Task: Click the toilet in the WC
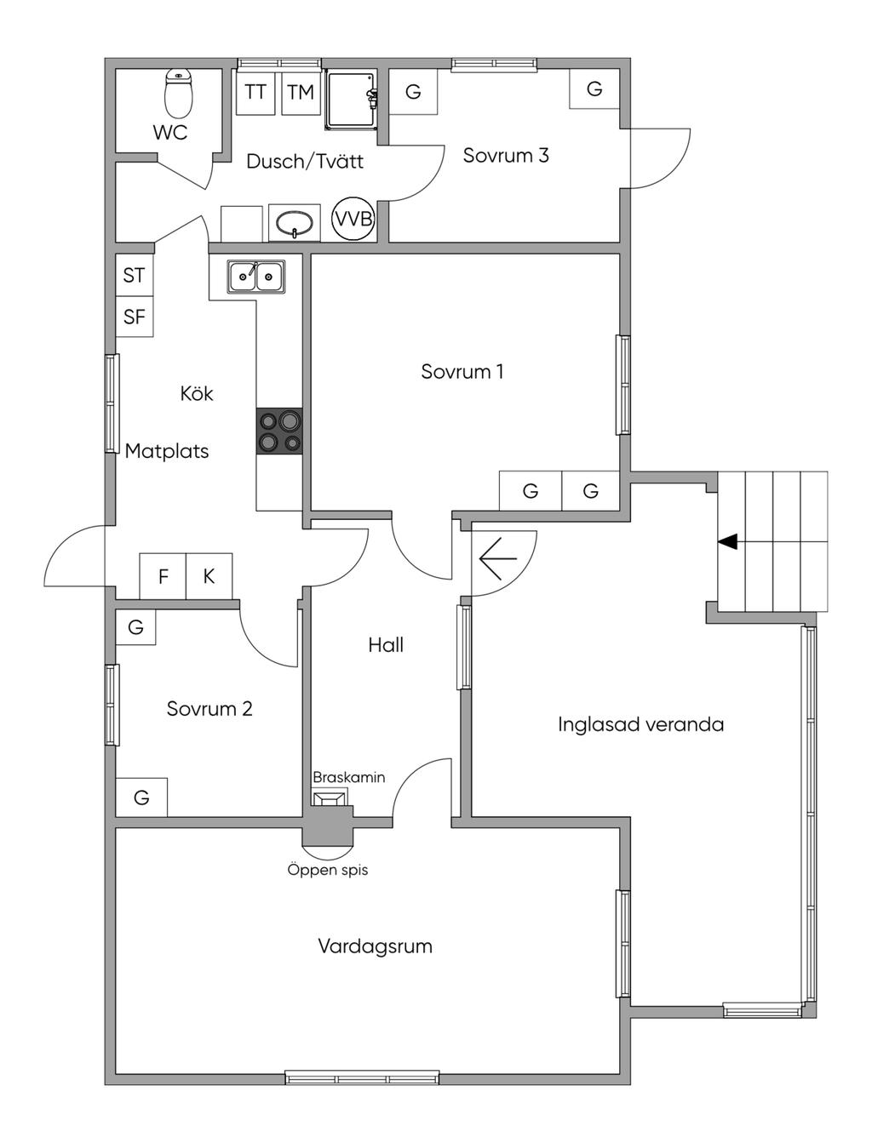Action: click(x=179, y=93)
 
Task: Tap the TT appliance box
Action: click(x=255, y=92)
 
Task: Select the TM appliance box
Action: click(x=300, y=92)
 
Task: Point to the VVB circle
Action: click(x=353, y=219)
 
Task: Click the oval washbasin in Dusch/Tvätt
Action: click(x=295, y=223)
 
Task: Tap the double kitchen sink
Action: click(x=255, y=277)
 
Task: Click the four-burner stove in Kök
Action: click(x=279, y=431)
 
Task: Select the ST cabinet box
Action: click(x=135, y=275)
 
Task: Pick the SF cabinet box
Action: click(x=135, y=317)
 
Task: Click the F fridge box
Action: click(x=163, y=577)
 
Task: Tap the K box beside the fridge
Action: click(x=209, y=577)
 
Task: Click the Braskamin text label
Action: click(x=348, y=777)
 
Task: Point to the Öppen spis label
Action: click(x=328, y=870)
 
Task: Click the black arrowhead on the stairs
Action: click(x=727, y=541)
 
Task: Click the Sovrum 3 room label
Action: click(x=506, y=156)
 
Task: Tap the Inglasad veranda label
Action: click(x=640, y=724)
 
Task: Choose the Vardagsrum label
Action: click(x=375, y=946)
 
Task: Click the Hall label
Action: click(x=386, y=645)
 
